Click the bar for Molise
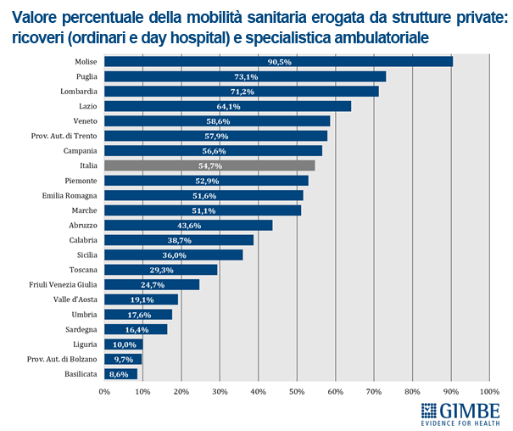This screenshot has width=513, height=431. click(278, 61)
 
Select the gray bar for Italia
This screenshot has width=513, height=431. click(209, 165)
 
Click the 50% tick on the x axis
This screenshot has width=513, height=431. click(298, 391)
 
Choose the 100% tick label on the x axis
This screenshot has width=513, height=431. click(488, 391)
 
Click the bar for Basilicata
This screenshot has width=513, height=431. click(120, 373)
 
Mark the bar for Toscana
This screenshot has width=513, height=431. click(161, 270)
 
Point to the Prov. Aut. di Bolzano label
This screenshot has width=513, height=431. click(62, 358)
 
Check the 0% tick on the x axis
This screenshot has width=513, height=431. click(105, 391)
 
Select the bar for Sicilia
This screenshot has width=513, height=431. click(174, 255)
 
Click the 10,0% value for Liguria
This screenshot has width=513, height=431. click(125, 344)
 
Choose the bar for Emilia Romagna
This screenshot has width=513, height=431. click(204, 195)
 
